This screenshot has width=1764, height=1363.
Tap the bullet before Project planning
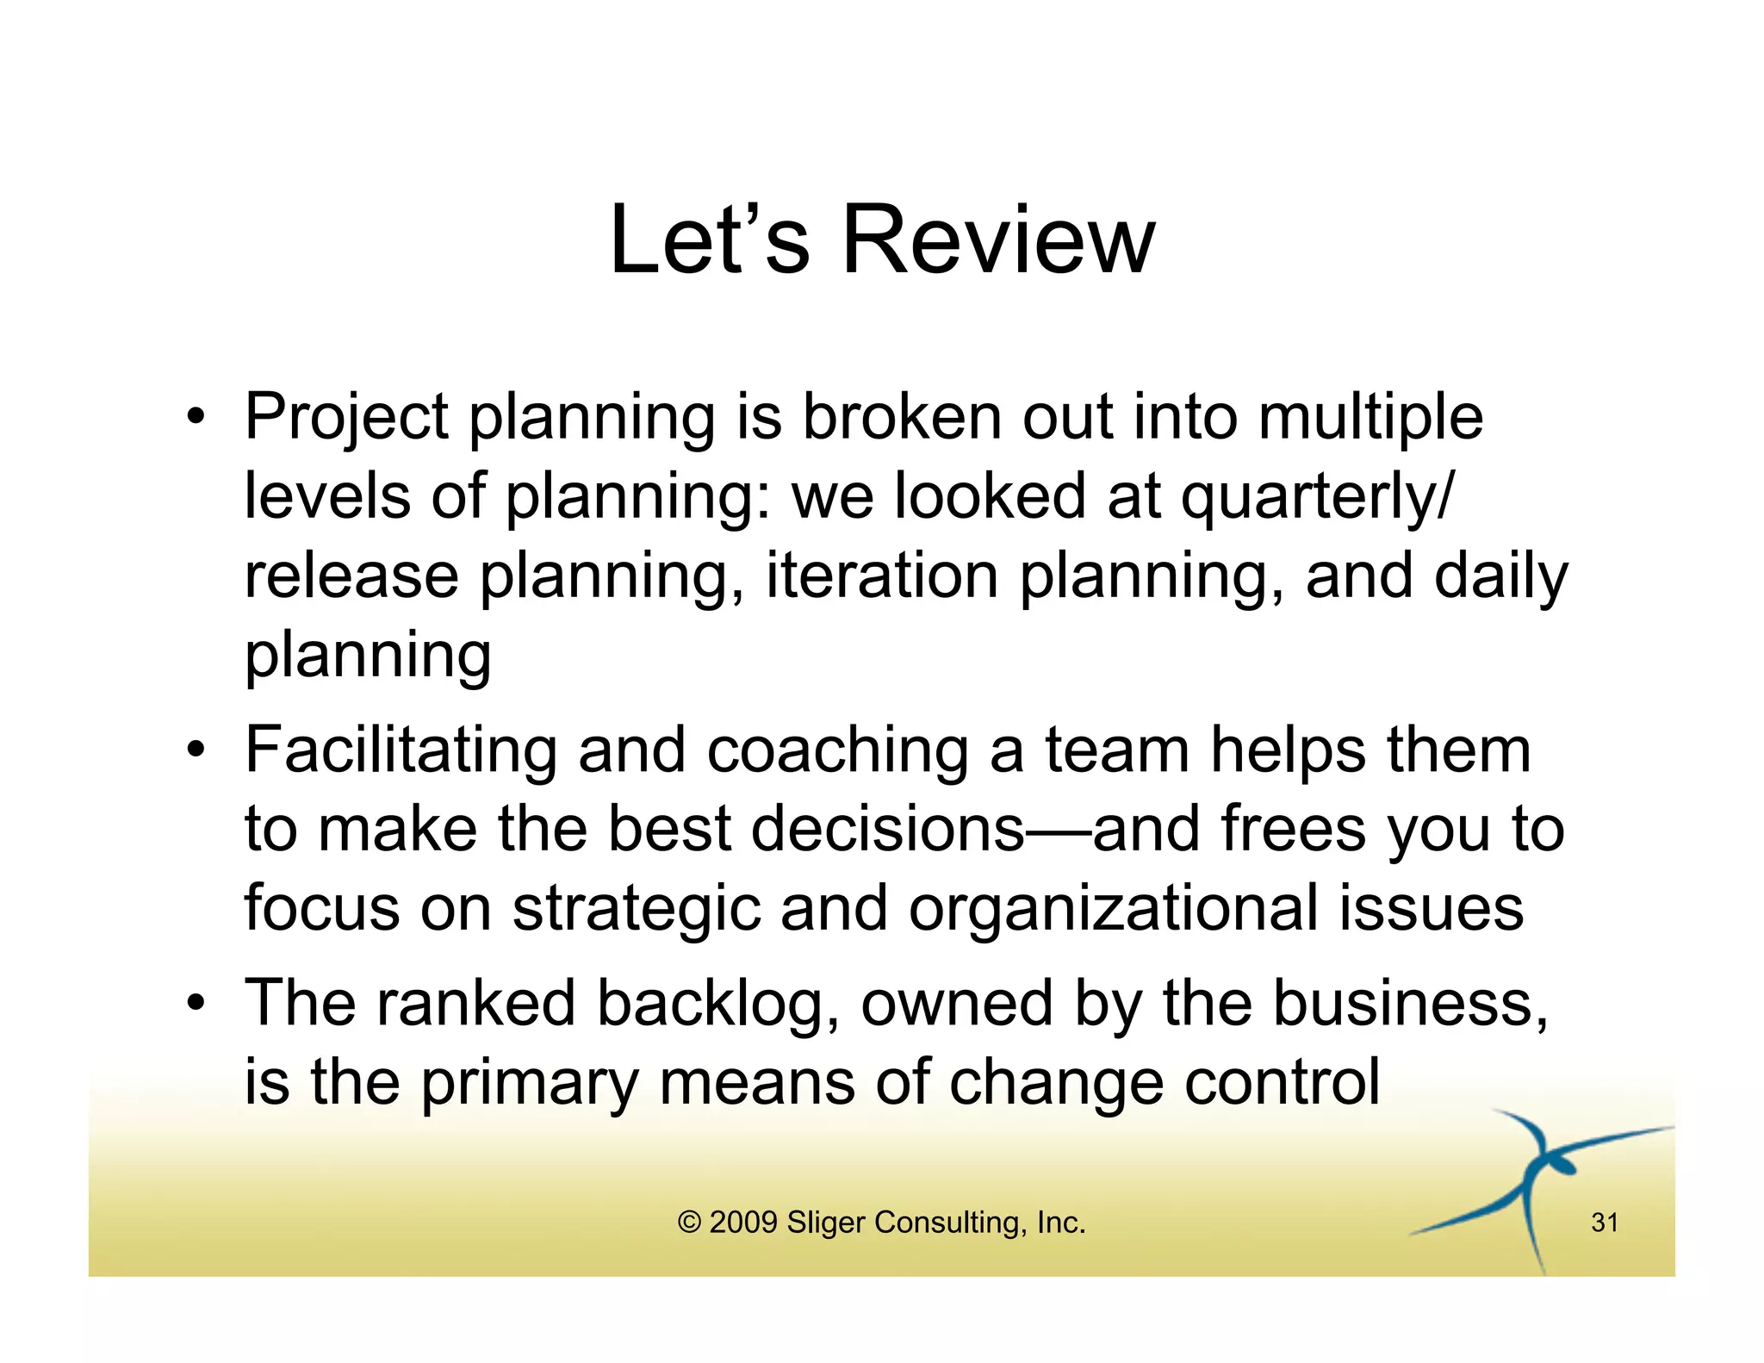(x=196, y=417)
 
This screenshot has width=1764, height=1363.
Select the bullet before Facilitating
(x=196, y=750)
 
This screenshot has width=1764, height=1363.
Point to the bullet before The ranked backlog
(x=196, y=1003)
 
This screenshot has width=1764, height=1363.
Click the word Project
(x=346, y=419)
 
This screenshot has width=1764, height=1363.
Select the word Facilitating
(x=401, y=751)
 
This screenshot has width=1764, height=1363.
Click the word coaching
(x=837, y=751)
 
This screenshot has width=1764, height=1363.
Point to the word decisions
(x=887, y=829)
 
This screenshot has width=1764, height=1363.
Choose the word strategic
(x=637, y=910)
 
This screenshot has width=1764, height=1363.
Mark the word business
(x=1409, y=1003)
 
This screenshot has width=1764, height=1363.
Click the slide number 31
(x=1605, y=1223)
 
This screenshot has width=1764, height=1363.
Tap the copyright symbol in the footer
(x=689, y=1223)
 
